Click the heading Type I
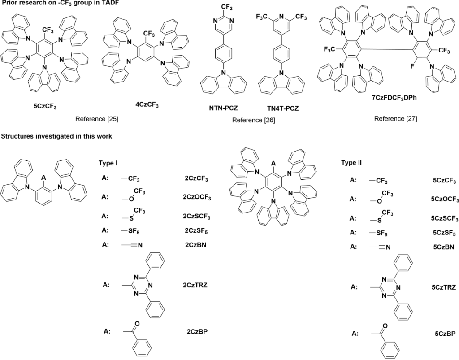coord(108,164)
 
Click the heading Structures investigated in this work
coord(56,136)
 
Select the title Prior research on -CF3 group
coord(63,3)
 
